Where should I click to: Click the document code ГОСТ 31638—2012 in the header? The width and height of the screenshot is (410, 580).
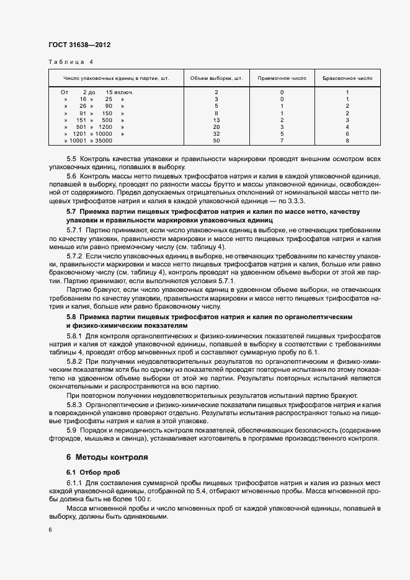(79, 45)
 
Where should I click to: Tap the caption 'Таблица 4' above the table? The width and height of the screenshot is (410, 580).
(69, 62)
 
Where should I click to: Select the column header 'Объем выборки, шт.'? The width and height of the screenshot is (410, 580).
(216, 79)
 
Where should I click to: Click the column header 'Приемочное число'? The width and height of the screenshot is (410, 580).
(282, 79)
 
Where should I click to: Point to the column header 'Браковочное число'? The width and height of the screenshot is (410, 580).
(347, 79)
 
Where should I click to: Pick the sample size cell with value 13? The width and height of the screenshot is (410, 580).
(216, 120)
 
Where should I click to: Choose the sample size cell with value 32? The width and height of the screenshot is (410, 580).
(216, 134)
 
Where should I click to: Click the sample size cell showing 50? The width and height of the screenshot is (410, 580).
(216, 141)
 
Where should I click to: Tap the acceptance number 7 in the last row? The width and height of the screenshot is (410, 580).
(282, 141)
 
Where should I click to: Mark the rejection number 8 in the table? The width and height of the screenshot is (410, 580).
(347, 141)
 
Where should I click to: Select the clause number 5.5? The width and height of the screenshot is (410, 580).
(71, 159)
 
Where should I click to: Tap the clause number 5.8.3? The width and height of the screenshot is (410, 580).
(75, 404)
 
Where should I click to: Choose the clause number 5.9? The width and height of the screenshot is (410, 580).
(71, 430)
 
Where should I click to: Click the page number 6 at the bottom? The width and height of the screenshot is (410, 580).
(50, 530)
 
